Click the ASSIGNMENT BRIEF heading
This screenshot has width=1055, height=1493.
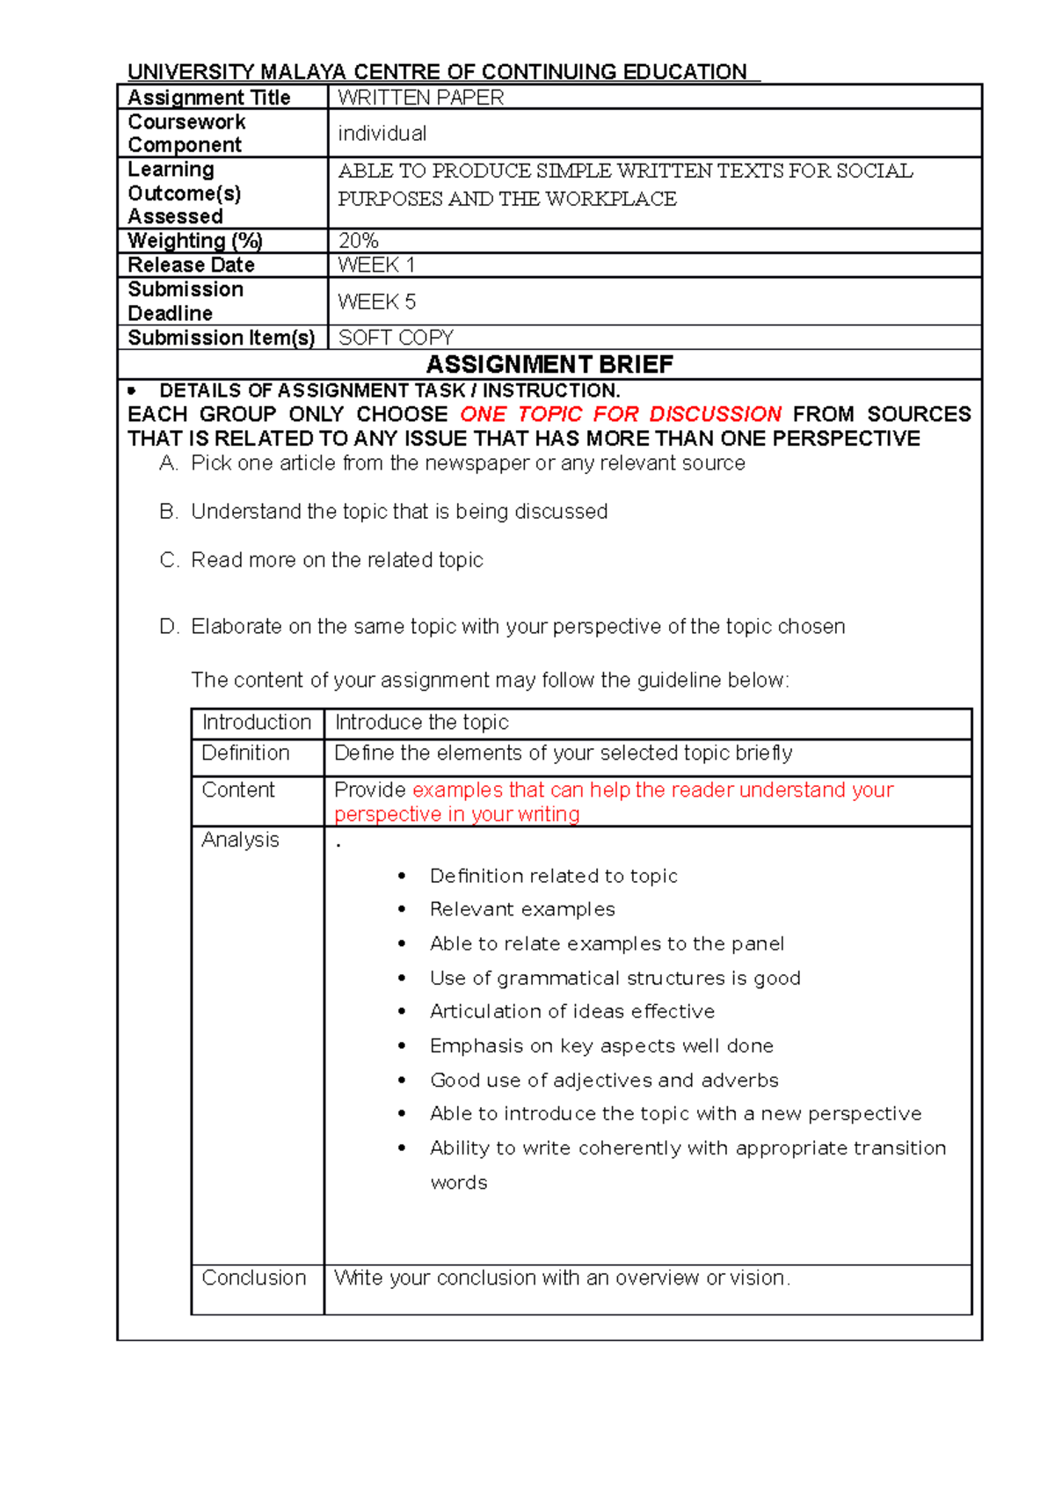coord(549,364)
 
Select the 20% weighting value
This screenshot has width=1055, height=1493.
coord(358,240)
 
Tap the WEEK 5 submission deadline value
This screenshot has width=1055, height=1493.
coord(376,302)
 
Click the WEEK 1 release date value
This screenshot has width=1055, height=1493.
coord(376,265)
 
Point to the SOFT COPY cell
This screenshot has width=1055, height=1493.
coord(396,338)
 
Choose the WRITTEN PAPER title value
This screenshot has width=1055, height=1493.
coord(420,98)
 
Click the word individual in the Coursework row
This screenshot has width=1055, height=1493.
coord(382,134)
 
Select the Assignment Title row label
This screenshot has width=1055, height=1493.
coord(209,98)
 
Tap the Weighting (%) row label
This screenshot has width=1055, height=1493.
coord(195,240)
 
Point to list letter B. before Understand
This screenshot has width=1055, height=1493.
coord(169,512)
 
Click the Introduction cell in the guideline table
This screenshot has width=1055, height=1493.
coord(257,723)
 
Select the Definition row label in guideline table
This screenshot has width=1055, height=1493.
coord(245,754)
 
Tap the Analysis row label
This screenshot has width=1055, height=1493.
coord(240,840)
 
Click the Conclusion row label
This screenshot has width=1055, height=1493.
coord(253,1278)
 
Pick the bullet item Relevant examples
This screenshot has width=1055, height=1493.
coord(522,909)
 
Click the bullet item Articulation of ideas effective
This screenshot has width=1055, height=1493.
coord(572,1011)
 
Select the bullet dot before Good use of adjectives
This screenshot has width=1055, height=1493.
coord(403,1080)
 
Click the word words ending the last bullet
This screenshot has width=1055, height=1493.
coord(459,1183)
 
